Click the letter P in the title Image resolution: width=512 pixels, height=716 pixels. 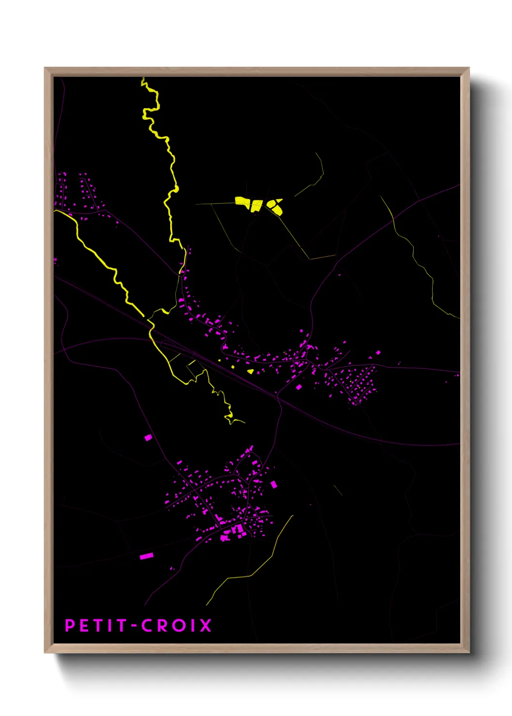coord(70,626)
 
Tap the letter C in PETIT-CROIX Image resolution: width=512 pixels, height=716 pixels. coord(147,626)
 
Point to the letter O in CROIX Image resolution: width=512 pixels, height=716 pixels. coord(180,626)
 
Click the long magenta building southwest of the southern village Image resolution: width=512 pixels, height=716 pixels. coord(146,556)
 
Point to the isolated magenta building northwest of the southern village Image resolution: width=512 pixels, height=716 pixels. coord(148,437)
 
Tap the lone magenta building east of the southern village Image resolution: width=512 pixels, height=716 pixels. coord(273,484)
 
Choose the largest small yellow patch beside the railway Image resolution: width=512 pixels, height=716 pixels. coord(250,372)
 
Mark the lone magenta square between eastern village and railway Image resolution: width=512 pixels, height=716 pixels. coord(299,387)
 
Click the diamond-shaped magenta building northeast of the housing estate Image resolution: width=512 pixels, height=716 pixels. coord(378,353)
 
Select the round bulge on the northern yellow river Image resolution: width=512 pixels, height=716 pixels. coord(177,188)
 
